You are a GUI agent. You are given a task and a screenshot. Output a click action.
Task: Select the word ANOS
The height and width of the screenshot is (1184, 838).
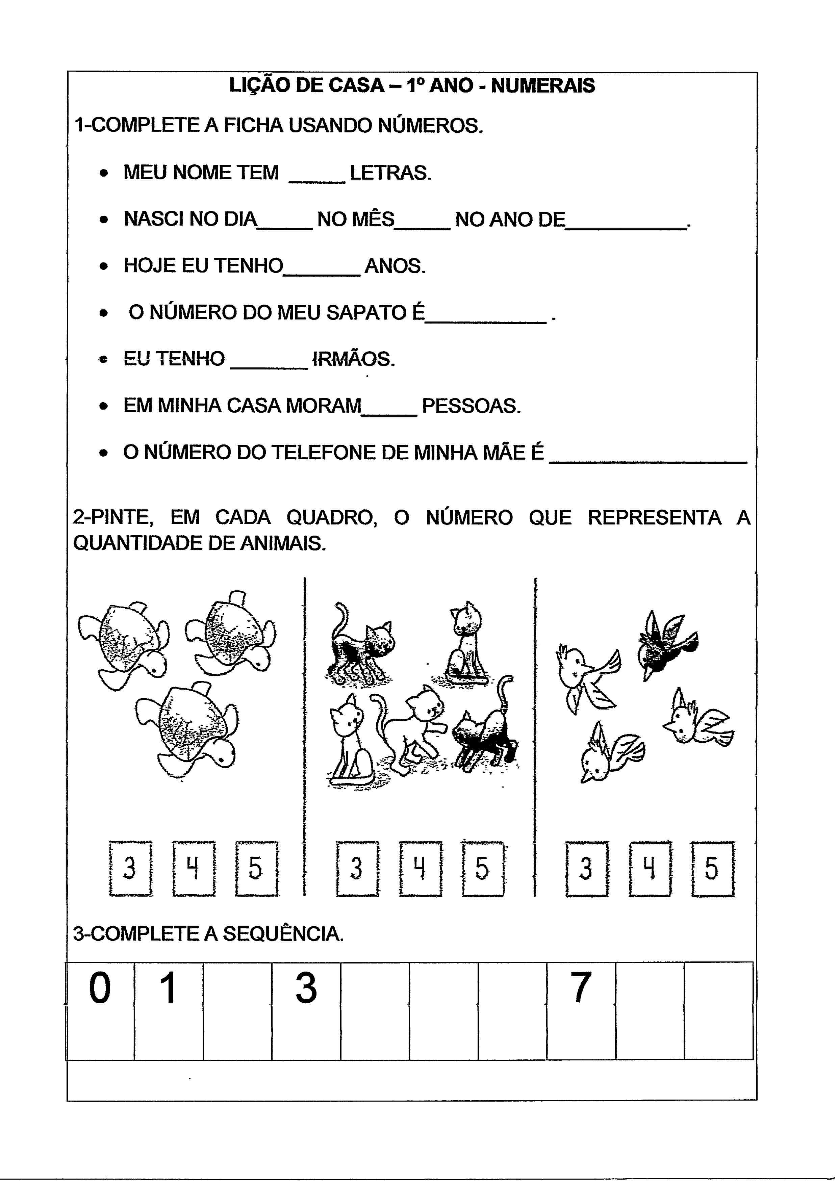pyautogui.click(x=395, y=266)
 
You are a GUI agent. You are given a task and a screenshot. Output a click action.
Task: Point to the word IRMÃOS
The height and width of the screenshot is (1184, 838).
pyautogui.click(x=353, y=359)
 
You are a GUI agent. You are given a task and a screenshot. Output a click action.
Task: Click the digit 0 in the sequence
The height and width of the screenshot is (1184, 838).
pyautogui.click(x=100, y=988)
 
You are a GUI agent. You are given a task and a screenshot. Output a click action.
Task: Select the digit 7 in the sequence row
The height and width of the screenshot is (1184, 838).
pyautogui.click(x=581, y=988)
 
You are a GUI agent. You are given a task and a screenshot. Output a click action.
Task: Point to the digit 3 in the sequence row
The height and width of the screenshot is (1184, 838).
pyautogui.click(x=306, y=988)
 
